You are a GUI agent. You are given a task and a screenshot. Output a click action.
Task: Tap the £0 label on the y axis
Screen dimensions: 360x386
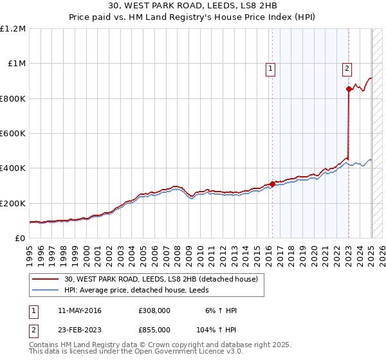click(20, 239)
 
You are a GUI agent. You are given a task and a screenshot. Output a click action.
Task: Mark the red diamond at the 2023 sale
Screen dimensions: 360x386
click(349, 89)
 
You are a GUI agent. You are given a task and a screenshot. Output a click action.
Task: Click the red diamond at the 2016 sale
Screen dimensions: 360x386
click(272, 184)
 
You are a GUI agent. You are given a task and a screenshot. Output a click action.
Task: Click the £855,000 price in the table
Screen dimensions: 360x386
click(154, 330)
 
